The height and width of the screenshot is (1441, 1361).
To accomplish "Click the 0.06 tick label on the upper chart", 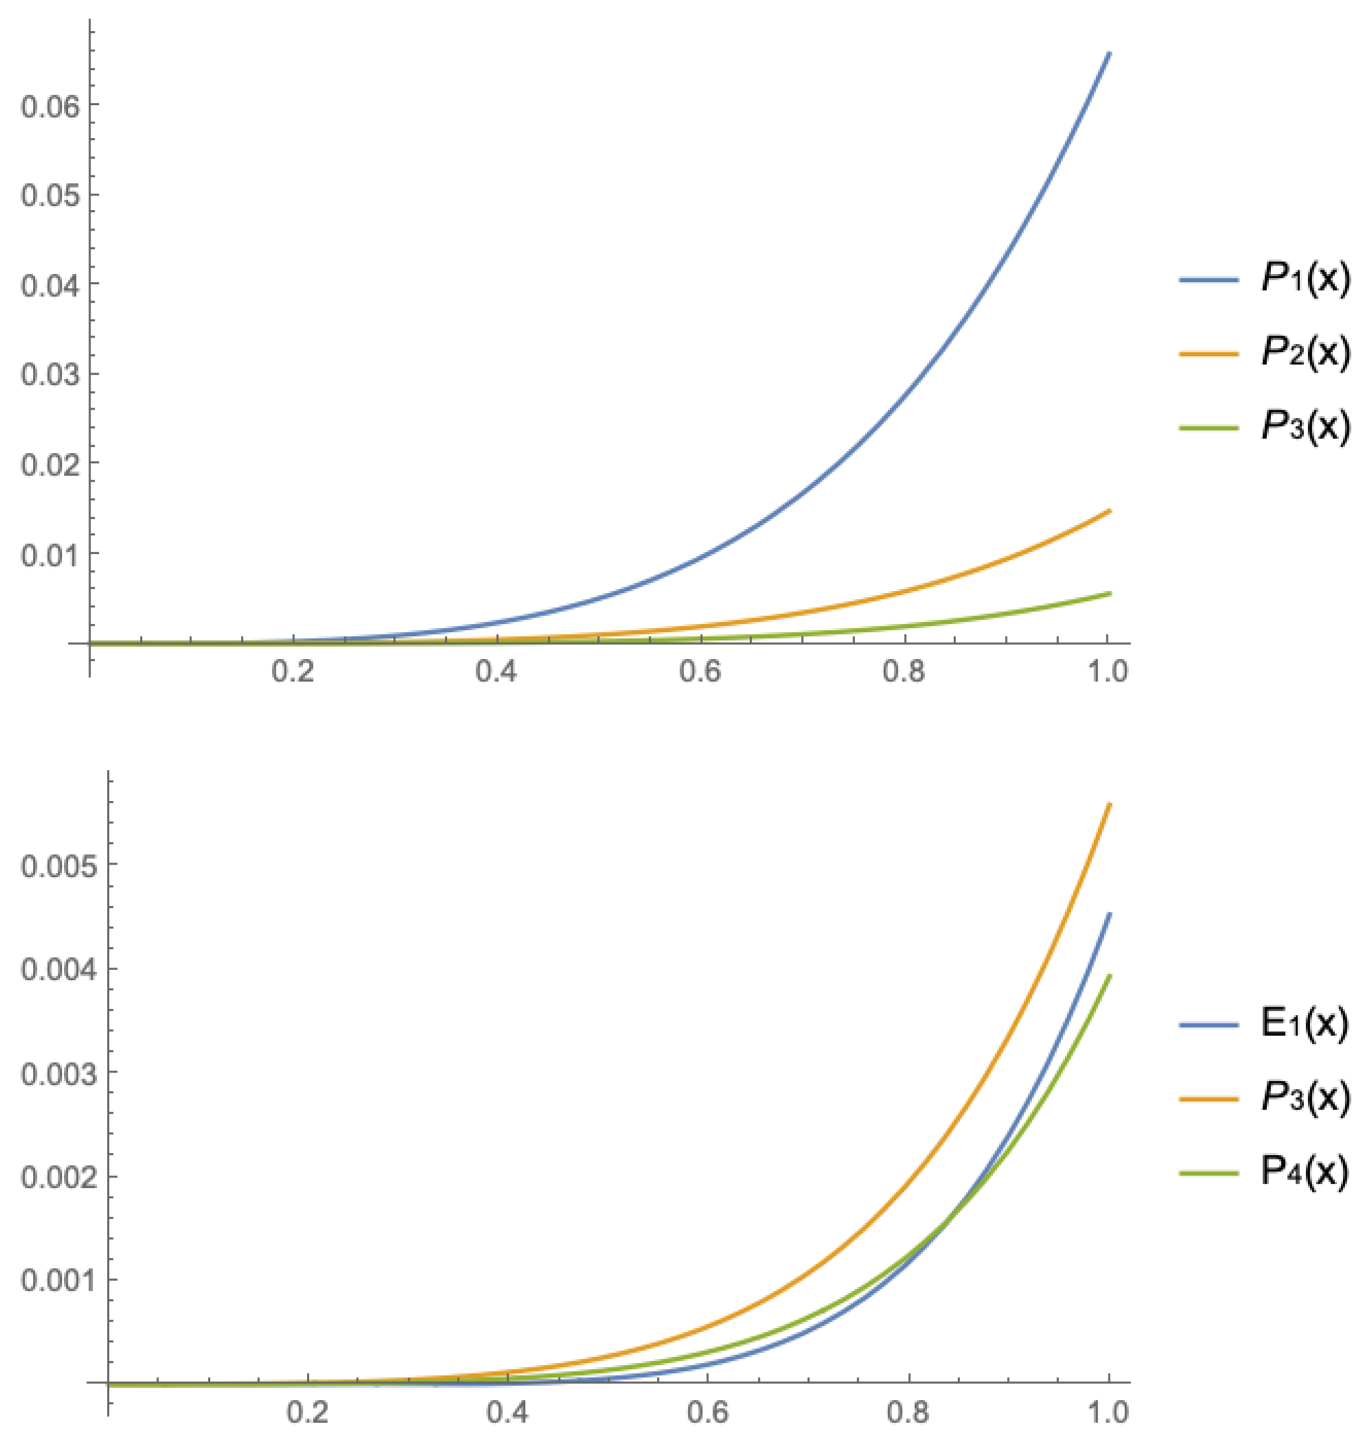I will (49, 106).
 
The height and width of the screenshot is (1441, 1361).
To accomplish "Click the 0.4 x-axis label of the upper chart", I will (496, 672).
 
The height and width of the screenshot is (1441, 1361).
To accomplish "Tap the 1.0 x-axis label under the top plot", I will (1108, 672).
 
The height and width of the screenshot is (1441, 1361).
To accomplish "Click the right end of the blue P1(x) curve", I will (1109, 53).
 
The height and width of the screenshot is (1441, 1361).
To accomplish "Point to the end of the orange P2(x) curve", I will (1109, 511).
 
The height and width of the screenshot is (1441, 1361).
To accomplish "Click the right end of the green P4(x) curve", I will (1109, 976).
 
